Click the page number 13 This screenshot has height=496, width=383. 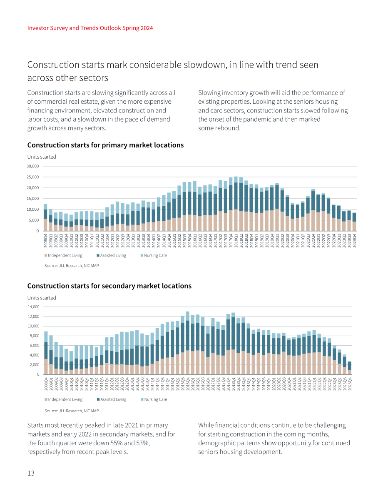(x=31, y=473)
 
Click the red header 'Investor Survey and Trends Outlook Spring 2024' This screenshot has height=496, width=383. (x=90, y=28)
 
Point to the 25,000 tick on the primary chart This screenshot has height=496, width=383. (x=32, y=177)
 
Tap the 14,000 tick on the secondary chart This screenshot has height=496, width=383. (x=34, y=307)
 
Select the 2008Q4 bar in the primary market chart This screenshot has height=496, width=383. (x=45, y=217)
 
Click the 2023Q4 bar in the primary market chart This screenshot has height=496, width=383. (x=354, y=222)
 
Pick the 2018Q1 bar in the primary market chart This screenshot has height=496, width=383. (x=236, y=204)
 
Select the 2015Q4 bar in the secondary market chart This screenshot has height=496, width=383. (x=188, y=343)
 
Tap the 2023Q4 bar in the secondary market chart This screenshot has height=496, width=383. (x=349, y=368)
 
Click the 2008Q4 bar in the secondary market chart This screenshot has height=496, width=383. (x=46, y=353)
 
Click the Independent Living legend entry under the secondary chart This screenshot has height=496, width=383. (x=64, y=399)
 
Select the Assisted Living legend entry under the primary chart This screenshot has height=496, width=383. (x=111, y=256)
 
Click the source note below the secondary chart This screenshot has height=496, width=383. (x=72, y=411)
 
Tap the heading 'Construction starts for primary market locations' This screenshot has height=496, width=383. (x=105, y=145)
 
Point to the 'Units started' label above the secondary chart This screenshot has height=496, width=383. (x=42, y=298)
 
